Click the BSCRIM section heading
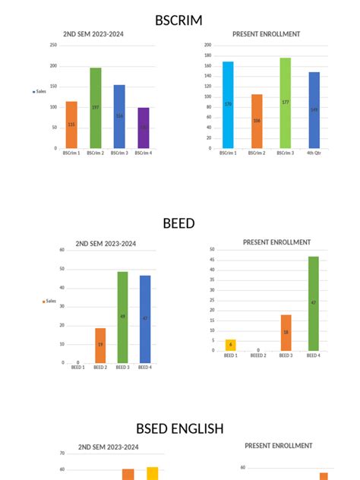pyautogui.click(x=178, y=21)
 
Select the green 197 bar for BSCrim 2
pyautogui.click(x=95, y=108)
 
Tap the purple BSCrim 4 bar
pyautogui.click(x=144, y=128)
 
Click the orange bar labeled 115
pyautogui.click(x=71, y=125)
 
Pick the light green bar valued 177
pyautogui.click(x=285, y=103)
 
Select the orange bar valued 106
pyautogui.click(x=257, y=121)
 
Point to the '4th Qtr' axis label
pyautogui.click(x=314, y=153)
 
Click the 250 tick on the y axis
pyautogui.click(x=53, y=45)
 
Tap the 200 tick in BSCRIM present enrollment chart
pyautogui.click(x=208, y=45)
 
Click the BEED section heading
pyautogui.click(x=178, y=223)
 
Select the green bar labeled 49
pyautogui.click(x=122, y=317)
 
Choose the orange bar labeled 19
pyautogui.click(x=99, y=345)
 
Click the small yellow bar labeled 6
pyautogui.click(x=230, y=345)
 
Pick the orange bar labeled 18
pyautogui.click(x=286, y=333)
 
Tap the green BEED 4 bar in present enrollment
pyautogui.click(x=313, y=303)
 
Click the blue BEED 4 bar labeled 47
pyautogui.click(x=145, y=318)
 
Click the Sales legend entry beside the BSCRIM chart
pyautogui.click(x=40, y=91)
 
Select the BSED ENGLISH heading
pyautogui.click(x=179, y=429)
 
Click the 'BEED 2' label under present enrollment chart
pyautogui.click(x=257, y=355)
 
